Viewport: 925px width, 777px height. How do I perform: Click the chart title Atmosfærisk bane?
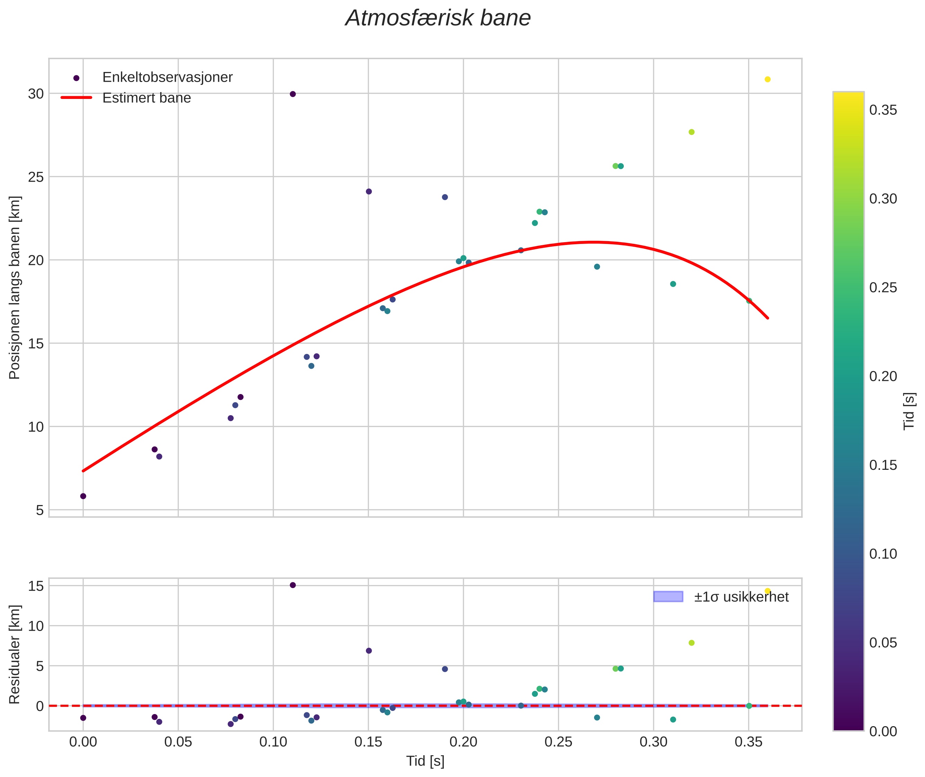tap(438, 18)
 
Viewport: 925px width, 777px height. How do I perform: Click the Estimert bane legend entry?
tap(146, 98)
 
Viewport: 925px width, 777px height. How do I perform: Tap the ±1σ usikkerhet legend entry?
tap(741, 597)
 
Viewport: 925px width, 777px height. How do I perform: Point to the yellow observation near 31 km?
tap(767, 79)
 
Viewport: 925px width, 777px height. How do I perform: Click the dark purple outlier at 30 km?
tap(293, 94)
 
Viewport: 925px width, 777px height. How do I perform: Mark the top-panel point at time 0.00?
tap(83, 496)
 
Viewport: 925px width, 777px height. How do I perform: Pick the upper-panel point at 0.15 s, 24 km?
tap(369, 192)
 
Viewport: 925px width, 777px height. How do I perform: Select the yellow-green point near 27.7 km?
tap(691, 132)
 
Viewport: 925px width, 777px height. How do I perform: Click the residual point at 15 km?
tap(293, 585)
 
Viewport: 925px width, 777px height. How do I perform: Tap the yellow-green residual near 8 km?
tap(691, 643)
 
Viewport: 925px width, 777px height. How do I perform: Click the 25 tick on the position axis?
tap(36, 177)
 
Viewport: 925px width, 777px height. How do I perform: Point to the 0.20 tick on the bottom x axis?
tap(463, 742)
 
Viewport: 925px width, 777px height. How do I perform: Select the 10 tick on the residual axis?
tap(36, 626)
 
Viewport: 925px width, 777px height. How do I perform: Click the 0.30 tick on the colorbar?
tap(883, 199)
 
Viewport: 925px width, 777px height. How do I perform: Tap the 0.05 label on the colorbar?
tap(883, 643)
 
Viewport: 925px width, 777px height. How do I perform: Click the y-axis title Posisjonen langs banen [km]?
tap(15, 287)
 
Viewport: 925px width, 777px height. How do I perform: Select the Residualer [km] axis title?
tap(15, 655)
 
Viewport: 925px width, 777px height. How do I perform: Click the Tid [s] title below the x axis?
tap(425, 761)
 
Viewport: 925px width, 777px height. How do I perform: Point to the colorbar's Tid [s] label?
tap(909, 411)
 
